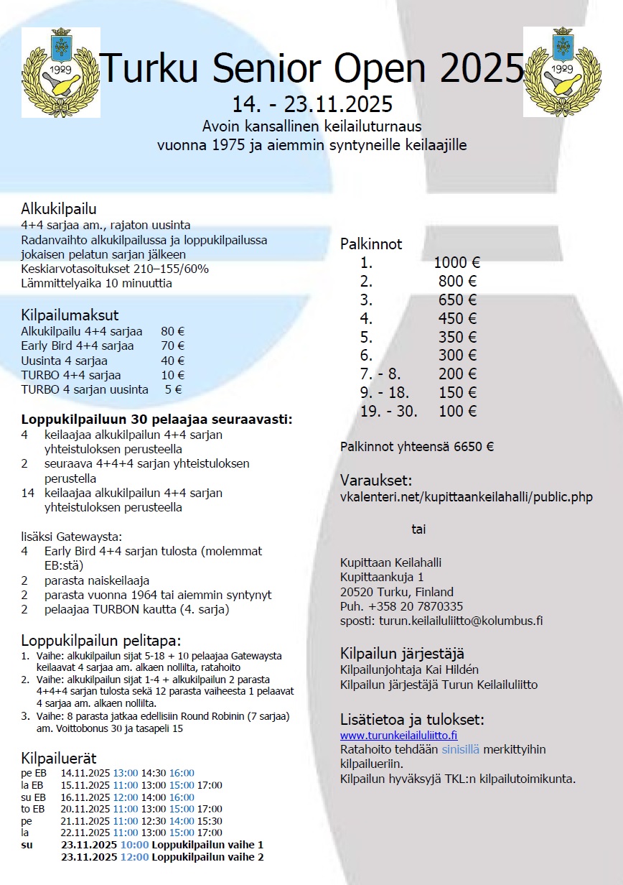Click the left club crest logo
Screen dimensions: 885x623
click(60, 73)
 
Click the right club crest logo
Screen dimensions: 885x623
click(562, 73)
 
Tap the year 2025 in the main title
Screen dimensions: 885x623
click(482, 69)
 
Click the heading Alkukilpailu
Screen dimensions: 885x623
click(59, 210)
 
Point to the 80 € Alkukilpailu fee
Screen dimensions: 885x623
click(173, 332)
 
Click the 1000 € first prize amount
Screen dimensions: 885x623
click(456, 263)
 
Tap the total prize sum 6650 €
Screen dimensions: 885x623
click(474, 446)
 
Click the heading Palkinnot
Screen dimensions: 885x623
click(371, 244)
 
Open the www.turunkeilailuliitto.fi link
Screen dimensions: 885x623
click(398, 735)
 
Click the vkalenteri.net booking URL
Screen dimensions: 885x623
click(467, 497)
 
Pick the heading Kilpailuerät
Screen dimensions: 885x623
click(59, 759)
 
